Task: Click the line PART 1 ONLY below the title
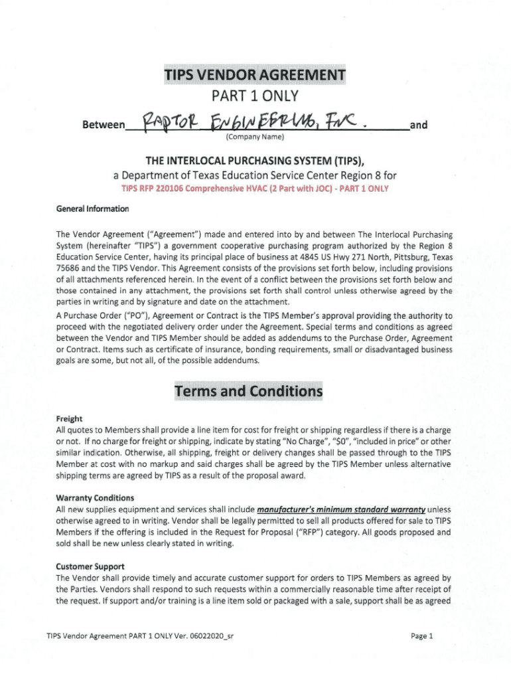(255, 98)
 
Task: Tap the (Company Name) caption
(255, 137)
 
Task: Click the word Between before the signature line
(102, 125)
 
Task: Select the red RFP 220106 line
(255, 188)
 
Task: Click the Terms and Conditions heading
(248, 391)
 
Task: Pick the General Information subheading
(92, 209)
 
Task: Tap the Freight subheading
(69, 419)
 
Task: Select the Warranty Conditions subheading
(95, 498)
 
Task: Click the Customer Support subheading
(90, 566)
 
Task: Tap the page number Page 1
(421, 636)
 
